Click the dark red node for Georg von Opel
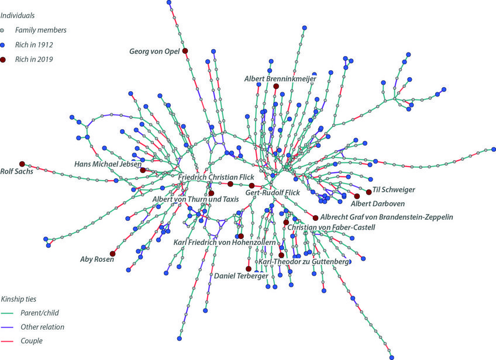[x=185, y=51]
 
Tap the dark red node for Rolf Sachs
[x=22, y=164]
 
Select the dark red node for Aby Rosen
[x=113, y=254]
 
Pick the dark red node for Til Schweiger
[x=368, y=192]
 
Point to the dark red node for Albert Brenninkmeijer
[x=276, y=86]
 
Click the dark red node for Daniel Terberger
[x=249, y=269]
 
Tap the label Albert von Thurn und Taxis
[x=196, y=199]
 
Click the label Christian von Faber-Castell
[x=331, y=227]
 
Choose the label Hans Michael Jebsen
[x=108, y=164]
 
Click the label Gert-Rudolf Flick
[x=272, y=192]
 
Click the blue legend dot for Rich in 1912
[x=3, y=44]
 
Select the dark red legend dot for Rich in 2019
[x=3, y=59]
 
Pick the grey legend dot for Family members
[x=3, y=30]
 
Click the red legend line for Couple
[x=8, y=341]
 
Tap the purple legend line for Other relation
[x=8, y=327]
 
